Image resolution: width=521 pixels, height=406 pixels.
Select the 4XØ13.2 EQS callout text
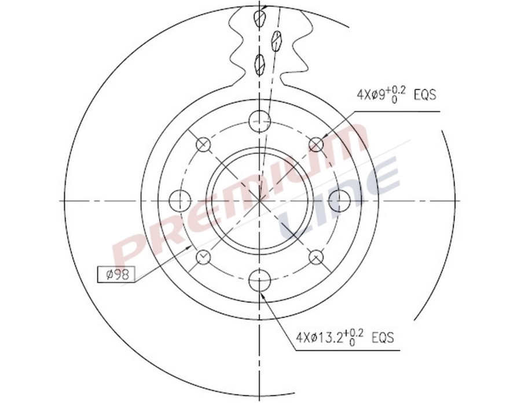pos(345,337)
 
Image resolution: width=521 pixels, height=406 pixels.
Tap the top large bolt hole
pos(260,121)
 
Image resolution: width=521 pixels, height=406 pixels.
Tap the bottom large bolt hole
pos(260,281)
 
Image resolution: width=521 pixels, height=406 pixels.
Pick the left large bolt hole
pos(180,201)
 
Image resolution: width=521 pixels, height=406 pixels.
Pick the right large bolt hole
pos(340,201)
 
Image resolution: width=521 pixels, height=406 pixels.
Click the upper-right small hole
pos(316,144)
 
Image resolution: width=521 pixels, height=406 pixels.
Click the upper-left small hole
pos(203,145)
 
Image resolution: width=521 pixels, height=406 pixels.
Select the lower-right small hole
pos(316,257)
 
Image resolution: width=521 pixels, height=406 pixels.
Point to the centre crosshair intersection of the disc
pos(260,201)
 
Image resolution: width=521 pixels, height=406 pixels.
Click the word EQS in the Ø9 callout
pos(425,94)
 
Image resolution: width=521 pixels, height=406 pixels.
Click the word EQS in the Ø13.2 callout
pos(382,337)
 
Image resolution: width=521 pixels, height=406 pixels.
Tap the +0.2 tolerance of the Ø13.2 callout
pos(354,332)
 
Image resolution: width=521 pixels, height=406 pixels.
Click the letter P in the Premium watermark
pos(129,250)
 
